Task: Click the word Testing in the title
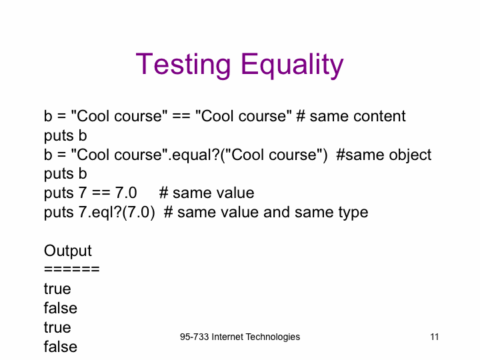[x=183, y=64]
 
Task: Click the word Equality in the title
[x=292, y=64]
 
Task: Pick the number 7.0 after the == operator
[x=126, y=193]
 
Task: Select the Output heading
[x=67, y=251]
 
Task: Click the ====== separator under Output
[x=71, y=269]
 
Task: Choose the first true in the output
[x=57, y=289]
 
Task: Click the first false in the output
[x=60, y=307]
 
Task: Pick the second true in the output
[x=57, y=327]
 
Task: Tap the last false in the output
[x=60, y=346]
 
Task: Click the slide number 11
[x=435, y=337]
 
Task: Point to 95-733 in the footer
[x=195, y=337]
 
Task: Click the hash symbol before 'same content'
[x=301, y=116]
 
